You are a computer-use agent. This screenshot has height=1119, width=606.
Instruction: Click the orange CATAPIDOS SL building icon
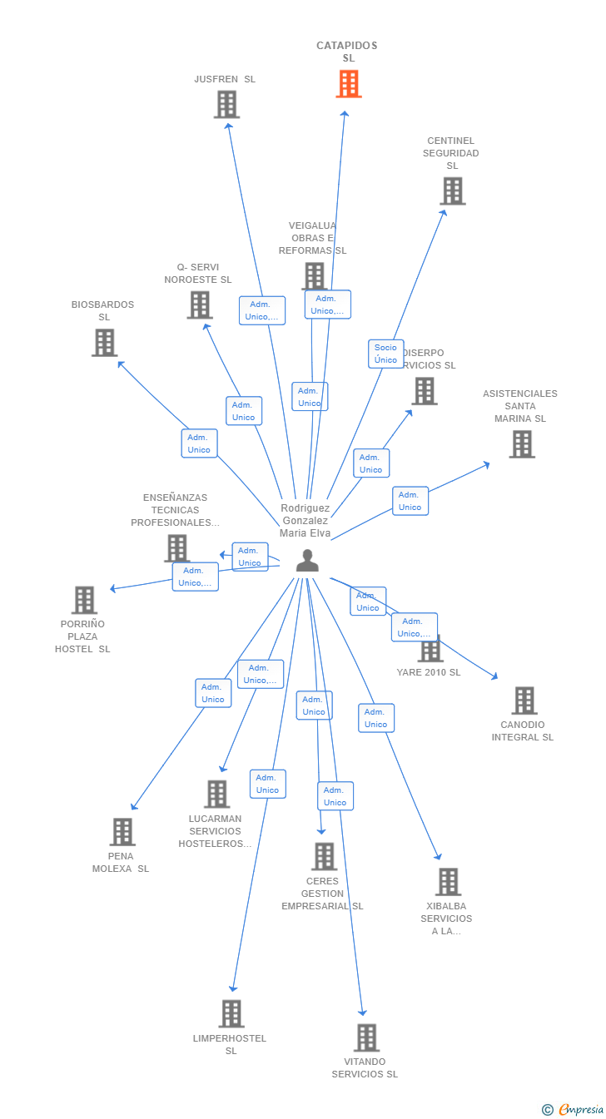click(349, 84)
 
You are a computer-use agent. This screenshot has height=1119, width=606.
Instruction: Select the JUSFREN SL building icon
click(226, 105)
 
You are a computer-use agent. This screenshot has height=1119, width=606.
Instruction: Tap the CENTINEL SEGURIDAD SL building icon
click(452, 191)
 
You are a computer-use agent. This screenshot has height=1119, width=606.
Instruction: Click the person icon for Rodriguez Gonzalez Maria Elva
click(307, 562)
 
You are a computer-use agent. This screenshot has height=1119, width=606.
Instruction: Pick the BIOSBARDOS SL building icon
click(104, 343)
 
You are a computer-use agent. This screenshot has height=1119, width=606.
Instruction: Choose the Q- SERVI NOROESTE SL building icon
click(200, 305)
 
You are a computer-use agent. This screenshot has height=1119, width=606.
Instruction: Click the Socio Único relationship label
click(385, 354)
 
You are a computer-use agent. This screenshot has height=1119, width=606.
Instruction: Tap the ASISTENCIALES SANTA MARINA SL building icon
click(521, 444)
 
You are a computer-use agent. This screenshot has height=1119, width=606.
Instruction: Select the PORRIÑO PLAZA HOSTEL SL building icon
click(84, 600)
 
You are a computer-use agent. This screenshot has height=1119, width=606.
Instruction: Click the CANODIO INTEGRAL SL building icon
click(524, 701)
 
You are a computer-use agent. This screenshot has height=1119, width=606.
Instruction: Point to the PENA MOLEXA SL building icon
click(122, 831)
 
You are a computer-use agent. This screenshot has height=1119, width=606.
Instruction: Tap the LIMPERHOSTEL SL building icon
click(231, 1013)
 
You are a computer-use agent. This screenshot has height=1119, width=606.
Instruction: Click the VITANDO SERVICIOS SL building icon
click(366, 1037)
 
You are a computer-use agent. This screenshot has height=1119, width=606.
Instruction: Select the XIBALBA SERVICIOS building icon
click(448, 882)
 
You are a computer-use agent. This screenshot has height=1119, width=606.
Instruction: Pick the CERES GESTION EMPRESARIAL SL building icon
click(324, 856)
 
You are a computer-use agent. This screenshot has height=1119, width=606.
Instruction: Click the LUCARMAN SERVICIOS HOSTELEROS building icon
click(216, 794)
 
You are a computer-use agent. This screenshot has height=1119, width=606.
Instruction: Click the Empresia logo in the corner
click(574, 1109)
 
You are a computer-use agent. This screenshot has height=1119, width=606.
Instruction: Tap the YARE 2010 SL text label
click(429, 672)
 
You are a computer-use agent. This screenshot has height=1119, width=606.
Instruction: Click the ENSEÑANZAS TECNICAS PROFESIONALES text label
click(175, 510)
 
